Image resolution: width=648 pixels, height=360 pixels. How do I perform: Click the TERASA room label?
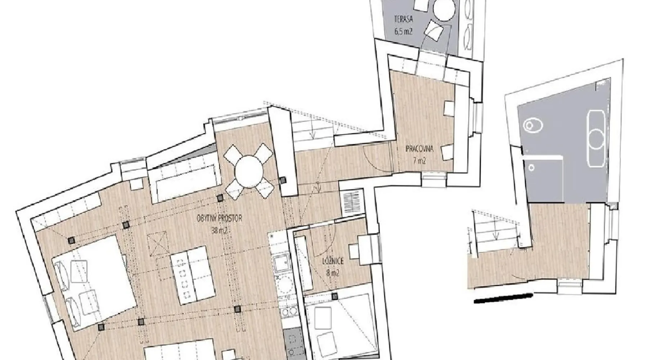point(403,19)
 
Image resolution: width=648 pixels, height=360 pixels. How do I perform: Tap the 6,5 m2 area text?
point(403,31)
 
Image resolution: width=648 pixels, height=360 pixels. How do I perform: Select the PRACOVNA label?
point(419,149)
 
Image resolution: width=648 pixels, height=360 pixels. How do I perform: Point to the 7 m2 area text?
point(419,161)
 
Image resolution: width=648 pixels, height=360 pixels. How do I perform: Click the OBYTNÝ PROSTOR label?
point(219,218)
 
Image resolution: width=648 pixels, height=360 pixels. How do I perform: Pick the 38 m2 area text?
point(219,231)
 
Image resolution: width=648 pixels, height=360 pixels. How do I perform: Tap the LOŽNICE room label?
point(333,261)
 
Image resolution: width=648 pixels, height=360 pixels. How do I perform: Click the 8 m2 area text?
point(333,273)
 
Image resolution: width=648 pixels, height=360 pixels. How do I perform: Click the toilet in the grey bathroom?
point(533,125)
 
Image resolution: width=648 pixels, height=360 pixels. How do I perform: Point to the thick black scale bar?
point(503,298)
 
